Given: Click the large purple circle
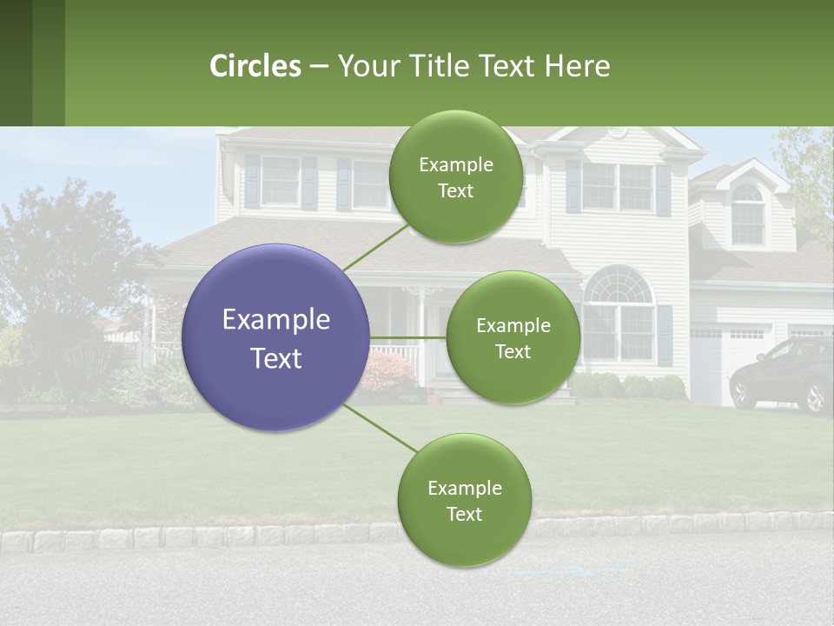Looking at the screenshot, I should [x=276, y=337].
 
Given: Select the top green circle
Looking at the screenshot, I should [x=455, y=177].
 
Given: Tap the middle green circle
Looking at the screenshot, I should [x=513, y=337].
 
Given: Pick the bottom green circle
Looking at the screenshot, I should [x=464, y=500].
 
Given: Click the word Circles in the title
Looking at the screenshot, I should [x=255, y=66].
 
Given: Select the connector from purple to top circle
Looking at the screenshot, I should [x=375, y=247].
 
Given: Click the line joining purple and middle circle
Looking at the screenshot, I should [x=407, y=337].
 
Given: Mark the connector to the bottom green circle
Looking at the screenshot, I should [x=381, y=429].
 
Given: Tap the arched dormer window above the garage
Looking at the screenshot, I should [x=746, y=214].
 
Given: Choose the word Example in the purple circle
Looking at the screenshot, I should [x=276, y=320].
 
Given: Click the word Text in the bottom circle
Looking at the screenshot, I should [x=464, y=514].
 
